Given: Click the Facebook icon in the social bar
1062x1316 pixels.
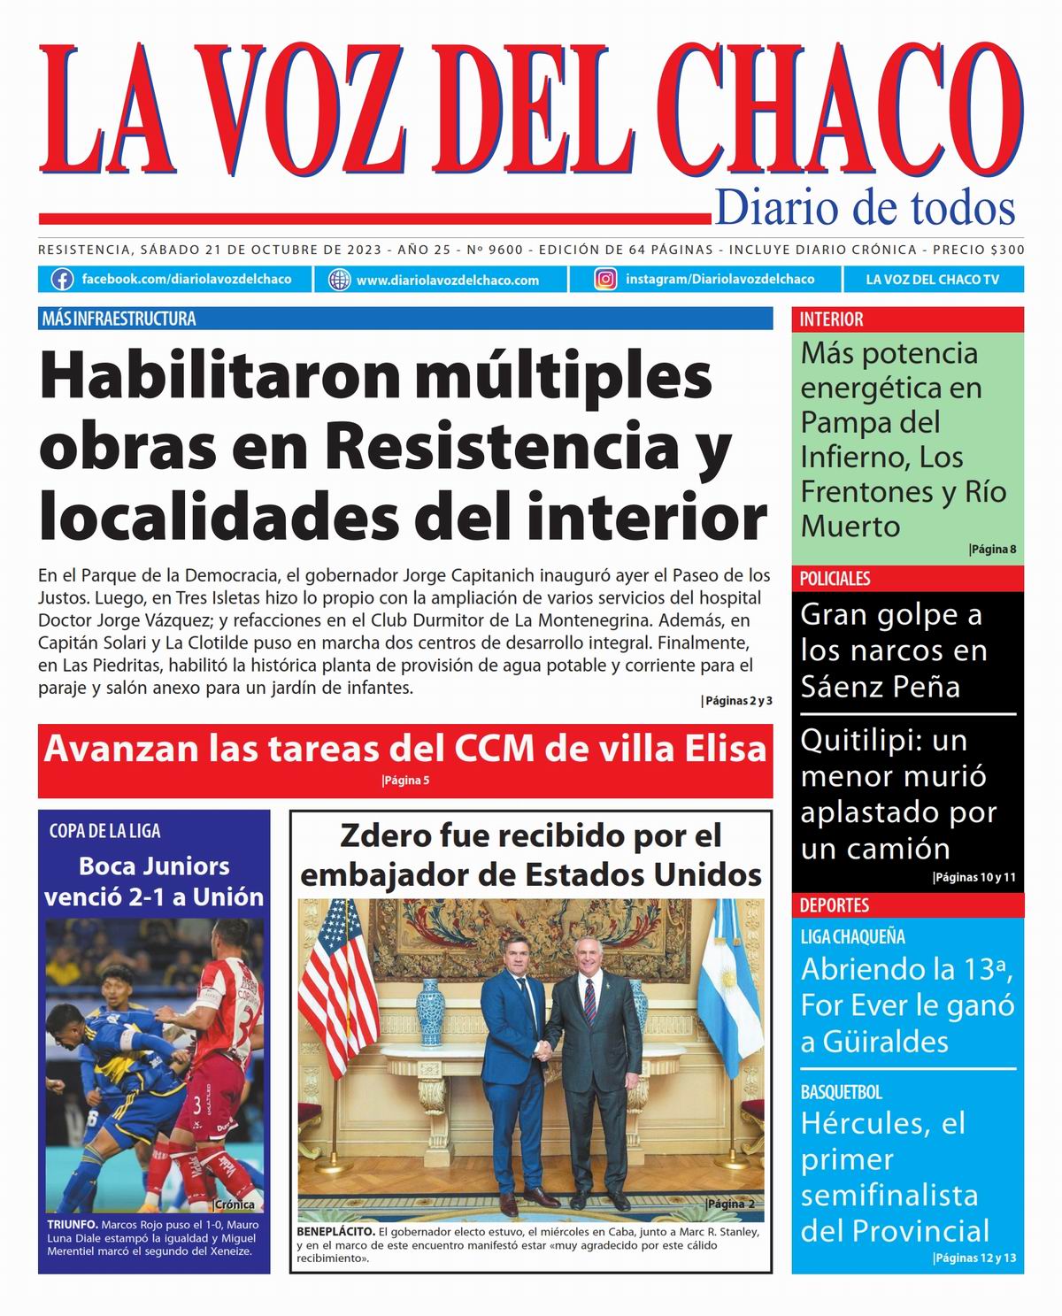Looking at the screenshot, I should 62,280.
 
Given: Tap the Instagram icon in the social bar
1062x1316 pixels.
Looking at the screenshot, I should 605,280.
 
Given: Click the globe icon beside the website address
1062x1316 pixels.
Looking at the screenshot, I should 339,280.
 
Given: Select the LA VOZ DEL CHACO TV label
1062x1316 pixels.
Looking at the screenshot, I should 932,280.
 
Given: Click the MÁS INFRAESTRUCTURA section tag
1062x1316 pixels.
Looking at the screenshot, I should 119,319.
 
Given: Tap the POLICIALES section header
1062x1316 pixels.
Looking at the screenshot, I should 835,579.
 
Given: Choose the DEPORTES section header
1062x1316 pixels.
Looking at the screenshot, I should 834,905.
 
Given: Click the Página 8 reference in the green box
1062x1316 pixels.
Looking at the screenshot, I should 992,550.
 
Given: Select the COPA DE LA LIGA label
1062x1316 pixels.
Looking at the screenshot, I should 104,831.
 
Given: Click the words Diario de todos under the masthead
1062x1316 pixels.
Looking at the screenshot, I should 864,208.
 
